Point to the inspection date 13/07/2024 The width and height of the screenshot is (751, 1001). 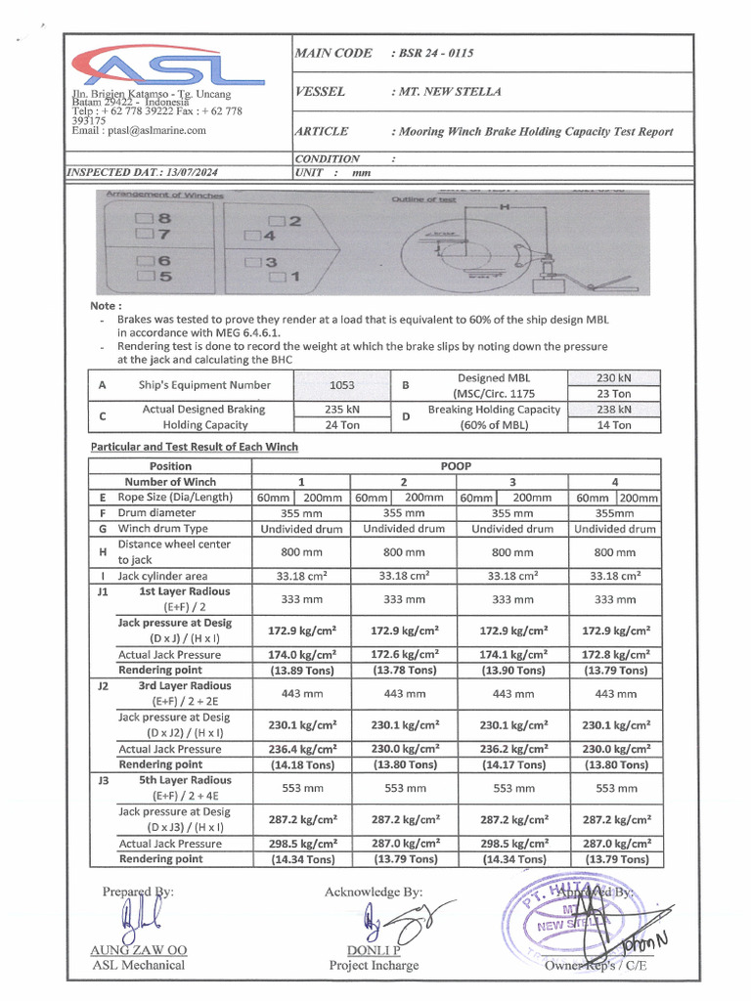pyautogui.click(x=194, y=172)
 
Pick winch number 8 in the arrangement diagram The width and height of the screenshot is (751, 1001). pyautogui.click(x=157, y=220)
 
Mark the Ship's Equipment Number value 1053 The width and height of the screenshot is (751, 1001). pyautogui.click(x=341, y=385)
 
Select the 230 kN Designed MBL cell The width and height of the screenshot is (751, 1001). pyautogui.click(x=614, y=378)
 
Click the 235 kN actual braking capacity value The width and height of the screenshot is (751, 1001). pyautogui.click(x=341, y=410)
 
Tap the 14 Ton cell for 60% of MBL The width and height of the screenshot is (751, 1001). pyautogui.click(x=614, y=425)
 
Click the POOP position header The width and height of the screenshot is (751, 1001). pyautogui.click(x=457, y=466)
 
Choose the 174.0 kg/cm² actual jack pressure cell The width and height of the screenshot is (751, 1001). pyautogui.click(x=302, y=655)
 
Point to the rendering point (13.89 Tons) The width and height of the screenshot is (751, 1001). pyautogui.click(x=302, y=671)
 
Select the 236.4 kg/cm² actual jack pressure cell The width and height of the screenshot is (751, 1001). pyautogui.click(x=302, y=749)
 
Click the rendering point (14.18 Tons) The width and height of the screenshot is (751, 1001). pyautogui.click(x=302, y=764)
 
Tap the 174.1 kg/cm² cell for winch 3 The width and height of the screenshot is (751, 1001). pyautogui.click(x=512, y=655)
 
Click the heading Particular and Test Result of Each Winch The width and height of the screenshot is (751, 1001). pyautogui.click(x=195, y=447)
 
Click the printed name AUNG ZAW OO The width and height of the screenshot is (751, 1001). pyautogui.click(x=139, y=950)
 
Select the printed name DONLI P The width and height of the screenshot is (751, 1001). pyautogui.click(x=374, y=950)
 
